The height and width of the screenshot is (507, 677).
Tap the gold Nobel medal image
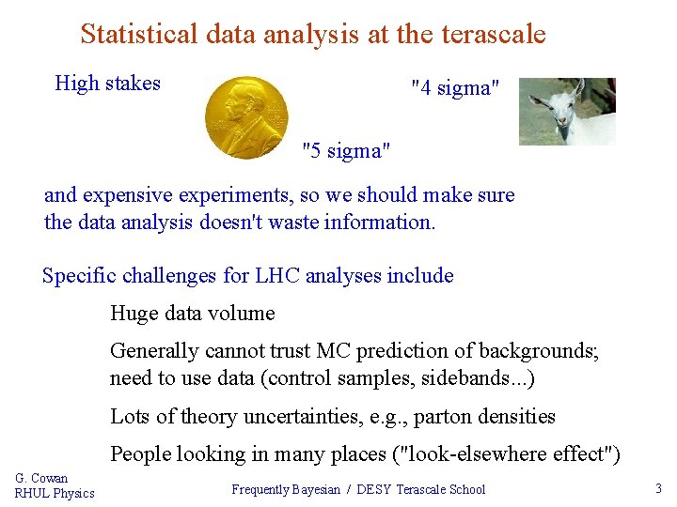[x=245, y=117]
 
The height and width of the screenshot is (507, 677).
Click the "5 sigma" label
[x=345, y=150]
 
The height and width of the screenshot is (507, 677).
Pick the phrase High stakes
[x=108, y=84]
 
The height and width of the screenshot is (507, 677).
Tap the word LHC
[x=296, y=276]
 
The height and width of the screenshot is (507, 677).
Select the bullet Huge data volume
[x=193, y=314]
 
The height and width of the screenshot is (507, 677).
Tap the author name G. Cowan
[x=41, y=478]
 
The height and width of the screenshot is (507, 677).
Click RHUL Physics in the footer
[x=55, y=493]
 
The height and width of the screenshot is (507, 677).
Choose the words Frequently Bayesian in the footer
[x=286, y=489]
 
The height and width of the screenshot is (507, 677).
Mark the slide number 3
[x=658, y=488]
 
